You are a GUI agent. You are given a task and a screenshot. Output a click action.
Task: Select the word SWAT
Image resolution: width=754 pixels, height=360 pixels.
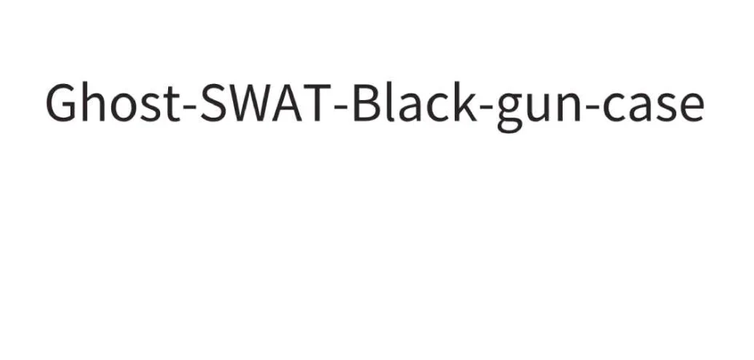click(263, 104)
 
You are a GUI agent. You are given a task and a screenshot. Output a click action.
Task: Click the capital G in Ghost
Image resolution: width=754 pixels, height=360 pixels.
click(62, 104)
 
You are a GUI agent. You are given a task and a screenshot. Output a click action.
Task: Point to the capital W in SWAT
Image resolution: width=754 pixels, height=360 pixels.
click(250, 104)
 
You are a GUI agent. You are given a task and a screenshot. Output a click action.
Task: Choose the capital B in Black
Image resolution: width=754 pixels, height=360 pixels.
click(365, 104)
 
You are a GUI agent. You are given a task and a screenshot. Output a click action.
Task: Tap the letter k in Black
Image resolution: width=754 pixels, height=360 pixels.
click(465, 104)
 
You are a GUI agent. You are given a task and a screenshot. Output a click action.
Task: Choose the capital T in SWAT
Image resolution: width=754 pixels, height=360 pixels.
click(317, 104)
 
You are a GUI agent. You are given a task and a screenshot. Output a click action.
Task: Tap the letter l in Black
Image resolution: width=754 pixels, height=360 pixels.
click(389, 104)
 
